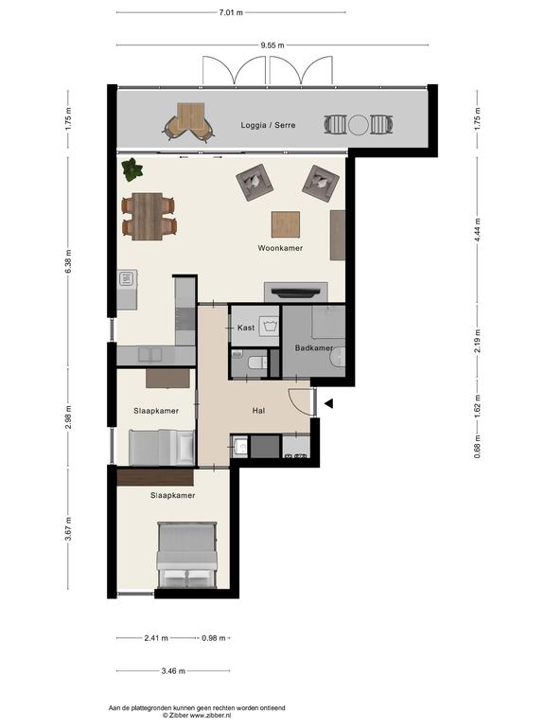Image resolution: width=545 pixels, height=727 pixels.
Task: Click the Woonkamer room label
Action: [x=280, y=248]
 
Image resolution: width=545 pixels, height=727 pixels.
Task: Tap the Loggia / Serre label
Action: [x=268, y=125]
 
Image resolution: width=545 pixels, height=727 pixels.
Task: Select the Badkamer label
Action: [x=314, y=347]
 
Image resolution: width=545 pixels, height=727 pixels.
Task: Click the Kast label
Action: [x=246, y=328]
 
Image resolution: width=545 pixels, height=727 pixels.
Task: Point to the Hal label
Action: [x=258, y=410]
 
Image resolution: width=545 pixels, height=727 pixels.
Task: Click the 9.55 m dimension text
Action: [x=272, y=45]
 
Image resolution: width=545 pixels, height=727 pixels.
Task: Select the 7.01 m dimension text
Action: [x=231, y=13]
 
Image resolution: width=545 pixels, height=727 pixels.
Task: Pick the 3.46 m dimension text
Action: [x=173, y=671]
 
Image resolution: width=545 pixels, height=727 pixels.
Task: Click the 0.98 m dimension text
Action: [x=214, y=638]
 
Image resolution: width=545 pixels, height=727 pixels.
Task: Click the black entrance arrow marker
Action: [x=328, y=404]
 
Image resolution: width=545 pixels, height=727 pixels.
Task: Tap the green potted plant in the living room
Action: [x=132, y=169]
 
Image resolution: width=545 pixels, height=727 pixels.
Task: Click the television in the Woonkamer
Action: [x=295, y=292]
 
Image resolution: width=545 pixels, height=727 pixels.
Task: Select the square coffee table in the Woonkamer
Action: [x=286, y=224]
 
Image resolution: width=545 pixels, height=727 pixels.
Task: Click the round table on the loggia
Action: [x=359, y=125]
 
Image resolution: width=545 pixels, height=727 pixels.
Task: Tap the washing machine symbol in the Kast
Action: [x=270, y=326]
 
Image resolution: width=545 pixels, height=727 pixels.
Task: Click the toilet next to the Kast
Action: [x=257, y=363]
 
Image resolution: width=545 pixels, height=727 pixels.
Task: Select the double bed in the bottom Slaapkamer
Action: [x=187, y=556]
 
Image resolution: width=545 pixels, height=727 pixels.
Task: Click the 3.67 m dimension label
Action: [x=68, y=529]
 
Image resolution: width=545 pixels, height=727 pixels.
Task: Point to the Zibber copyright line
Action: [x=197, y=716]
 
